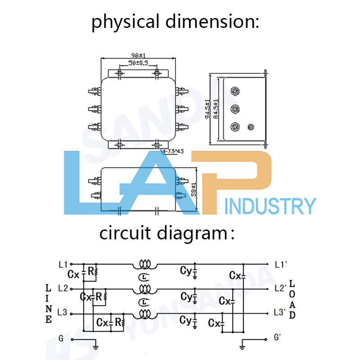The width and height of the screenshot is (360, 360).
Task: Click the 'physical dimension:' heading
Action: pos(175,21)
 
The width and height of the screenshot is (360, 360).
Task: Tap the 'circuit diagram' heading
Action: pos(166,234)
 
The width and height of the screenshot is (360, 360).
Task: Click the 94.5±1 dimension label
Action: pos(207,108)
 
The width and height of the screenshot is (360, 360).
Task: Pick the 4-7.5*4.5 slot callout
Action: pos(172,151)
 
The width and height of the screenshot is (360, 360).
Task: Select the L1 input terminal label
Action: pos(63,264)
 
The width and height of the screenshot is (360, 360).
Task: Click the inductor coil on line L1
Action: pos(144,263)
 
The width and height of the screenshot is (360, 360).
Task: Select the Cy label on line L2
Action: pos(185,296)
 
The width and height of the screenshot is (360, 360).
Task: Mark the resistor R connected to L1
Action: pos(93,271)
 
